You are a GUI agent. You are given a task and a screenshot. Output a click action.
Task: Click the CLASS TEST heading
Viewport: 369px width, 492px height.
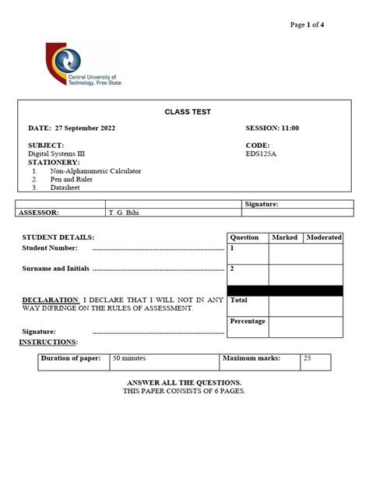[187, 112]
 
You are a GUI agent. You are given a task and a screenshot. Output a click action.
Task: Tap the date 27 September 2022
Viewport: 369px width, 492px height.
[83, 128]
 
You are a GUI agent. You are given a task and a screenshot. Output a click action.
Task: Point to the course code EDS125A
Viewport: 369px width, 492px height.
[262, 153]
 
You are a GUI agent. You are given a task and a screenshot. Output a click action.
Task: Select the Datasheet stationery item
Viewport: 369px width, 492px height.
[67, 187]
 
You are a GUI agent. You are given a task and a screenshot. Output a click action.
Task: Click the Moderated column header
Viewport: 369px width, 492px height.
[324, 237]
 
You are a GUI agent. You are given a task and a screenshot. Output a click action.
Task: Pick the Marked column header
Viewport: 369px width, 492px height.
[285, 237]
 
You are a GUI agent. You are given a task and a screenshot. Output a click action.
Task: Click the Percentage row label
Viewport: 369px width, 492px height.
[248, 321]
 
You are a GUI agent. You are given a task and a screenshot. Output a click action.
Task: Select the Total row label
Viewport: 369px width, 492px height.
[239, 300]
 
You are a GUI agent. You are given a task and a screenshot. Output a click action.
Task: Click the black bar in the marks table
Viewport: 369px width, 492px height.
[284, 290]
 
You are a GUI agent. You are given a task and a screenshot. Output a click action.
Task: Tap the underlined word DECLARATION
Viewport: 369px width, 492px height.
[51, 300]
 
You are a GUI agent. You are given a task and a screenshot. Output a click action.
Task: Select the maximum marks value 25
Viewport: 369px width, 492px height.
[307, 359]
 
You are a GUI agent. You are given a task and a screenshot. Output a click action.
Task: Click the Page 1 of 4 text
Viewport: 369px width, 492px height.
[307, 25]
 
